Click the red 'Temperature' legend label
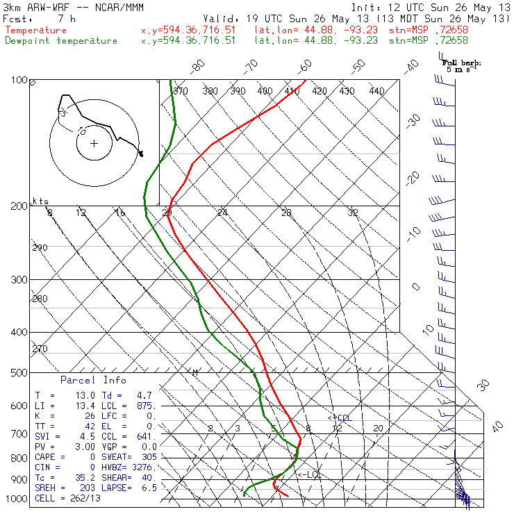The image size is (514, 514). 36,31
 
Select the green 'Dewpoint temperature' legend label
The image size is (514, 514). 61,41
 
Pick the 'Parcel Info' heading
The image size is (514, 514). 93,380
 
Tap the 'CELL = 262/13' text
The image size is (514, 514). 68,499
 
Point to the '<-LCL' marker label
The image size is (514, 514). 309,474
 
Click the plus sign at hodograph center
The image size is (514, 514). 94,143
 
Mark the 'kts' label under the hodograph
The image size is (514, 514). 42,201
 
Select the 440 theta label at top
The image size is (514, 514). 376,91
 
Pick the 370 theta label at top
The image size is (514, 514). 181,91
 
